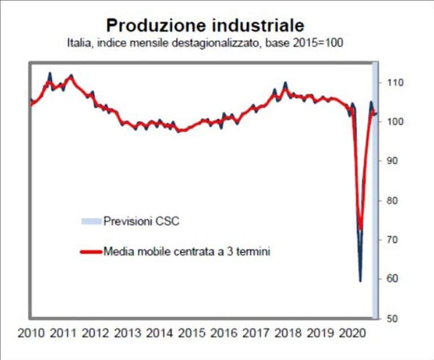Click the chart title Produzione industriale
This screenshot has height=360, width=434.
[x=205, y=25]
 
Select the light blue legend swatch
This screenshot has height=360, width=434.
[x=91, y=221]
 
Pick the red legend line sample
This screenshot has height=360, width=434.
[x=91, y=251]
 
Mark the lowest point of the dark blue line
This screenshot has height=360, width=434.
[x=360, y=280]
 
